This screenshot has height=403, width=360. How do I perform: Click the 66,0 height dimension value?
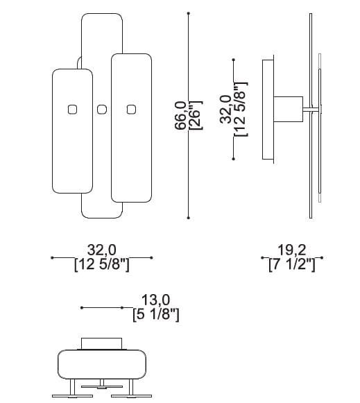point(180,115)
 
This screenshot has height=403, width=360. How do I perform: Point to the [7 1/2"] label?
point(292,265)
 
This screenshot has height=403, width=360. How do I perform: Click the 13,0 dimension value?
point(155,300)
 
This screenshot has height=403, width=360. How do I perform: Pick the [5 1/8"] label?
point(155,314)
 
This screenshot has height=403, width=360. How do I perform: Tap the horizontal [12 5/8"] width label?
point(101,265)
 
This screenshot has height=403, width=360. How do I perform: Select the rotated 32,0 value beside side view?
point(225,109)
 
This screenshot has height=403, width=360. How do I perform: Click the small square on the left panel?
point(72,109)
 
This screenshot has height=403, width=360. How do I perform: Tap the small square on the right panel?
point(130,109)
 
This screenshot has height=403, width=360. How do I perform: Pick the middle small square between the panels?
point(102,109)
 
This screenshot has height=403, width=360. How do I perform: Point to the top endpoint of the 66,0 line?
point(189,13)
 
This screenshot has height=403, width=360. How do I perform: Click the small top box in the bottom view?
point(102,343)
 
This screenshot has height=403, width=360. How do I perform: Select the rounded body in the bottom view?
point(102,363)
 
